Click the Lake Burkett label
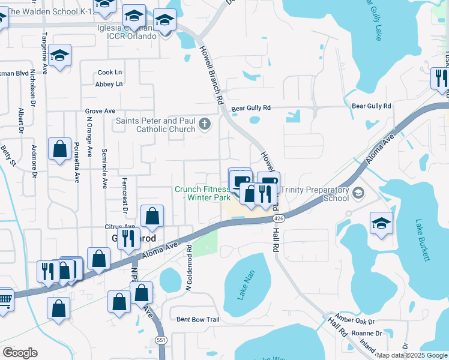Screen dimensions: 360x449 423,240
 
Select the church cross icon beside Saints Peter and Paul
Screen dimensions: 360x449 205,124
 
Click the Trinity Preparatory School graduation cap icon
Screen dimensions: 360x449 358,193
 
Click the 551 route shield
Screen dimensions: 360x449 161,339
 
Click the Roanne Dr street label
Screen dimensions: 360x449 367,333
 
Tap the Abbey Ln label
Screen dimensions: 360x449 109,84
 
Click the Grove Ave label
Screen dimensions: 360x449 100,111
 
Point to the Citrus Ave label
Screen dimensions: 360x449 118,227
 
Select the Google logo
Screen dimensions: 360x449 20,353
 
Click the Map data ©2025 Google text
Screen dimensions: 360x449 411,355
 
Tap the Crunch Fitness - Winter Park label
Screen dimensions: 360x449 201,193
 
